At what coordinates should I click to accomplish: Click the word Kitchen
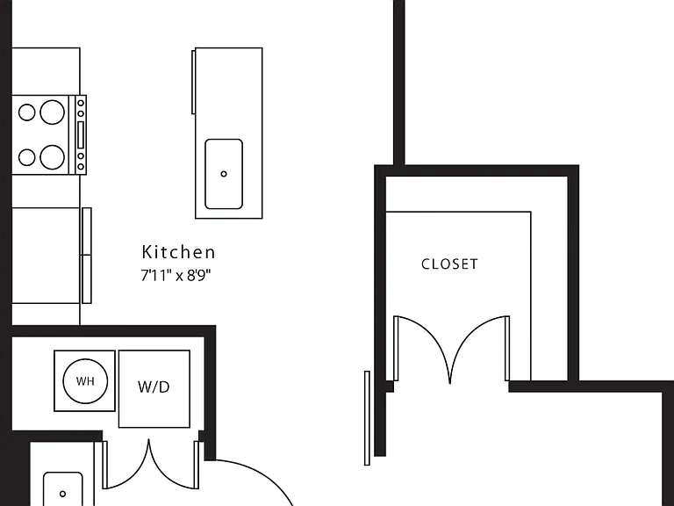(x=178, y=252)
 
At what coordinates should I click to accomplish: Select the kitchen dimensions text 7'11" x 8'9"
(x=176, y=275)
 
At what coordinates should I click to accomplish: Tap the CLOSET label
(x=449, y=264)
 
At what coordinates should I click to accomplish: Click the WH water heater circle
(x=85, y=381)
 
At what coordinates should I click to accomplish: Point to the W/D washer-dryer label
(x=154, y=387)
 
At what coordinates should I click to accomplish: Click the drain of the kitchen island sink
(x=224, y=174)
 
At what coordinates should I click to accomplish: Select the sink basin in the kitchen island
(x=224, y=174)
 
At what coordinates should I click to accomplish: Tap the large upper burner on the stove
(x=53, y=112)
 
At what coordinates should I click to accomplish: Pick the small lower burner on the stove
(x=26, y=157)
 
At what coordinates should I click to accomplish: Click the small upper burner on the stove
(x=26, y=112)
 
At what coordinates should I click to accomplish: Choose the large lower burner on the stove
(x=53, y=157)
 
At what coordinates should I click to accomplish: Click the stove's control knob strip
(x=81, y=134)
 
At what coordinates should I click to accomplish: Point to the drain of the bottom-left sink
(x=63, y=494)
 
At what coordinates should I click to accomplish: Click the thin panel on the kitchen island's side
(x=193, y=82)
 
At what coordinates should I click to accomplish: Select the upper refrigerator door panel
(x=87, y=232)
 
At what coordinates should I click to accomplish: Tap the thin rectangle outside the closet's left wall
(x=367, y=418)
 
